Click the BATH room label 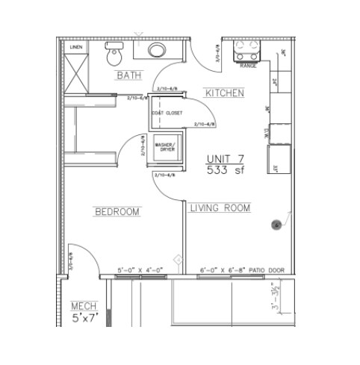click(x=128, y=75)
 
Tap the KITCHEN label click(x=224, y=93)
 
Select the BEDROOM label click(x=117, y=212)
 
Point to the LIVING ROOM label click(x=220, y=208)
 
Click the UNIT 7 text click(x=226, y=159)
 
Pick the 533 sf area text click(x=226, y=170)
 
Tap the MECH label click(x=83, y=306)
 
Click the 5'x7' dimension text click(x=84, y=319)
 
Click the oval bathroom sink click(x=158, y=51)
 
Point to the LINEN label click(x=75, y=47)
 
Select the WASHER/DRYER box click(x=164, y=147)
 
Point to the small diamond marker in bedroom click(x=179, y=259)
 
